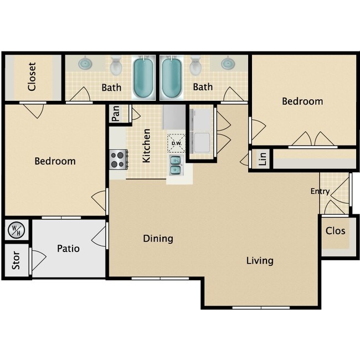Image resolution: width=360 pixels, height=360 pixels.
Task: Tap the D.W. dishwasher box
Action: (x=176, y=142)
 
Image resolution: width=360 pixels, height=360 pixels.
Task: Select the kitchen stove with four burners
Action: (x=118, y=160)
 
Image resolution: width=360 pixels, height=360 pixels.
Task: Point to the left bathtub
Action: (x=145, y=77)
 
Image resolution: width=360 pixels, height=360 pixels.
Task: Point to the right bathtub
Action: (x=172, y=77)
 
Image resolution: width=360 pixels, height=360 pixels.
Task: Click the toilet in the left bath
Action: (x=116, y=66)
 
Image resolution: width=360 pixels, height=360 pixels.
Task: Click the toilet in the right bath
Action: (x=196, y=66)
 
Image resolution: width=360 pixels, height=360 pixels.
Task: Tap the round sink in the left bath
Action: (x=85, y=63)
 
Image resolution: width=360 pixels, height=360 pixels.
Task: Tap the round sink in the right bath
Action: (x=228, y=63)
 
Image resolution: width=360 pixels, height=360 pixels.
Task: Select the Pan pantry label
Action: (x=116, y=114)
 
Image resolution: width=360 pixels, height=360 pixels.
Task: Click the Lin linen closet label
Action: (x=263, y=159)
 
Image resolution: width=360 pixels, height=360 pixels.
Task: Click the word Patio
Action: (x=68, y=249)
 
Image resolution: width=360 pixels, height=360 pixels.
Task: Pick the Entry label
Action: (x=320, y=192)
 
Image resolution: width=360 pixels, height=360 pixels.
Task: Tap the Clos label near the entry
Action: (x=335, y=230)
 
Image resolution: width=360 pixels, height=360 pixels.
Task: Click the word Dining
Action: (x=158, y=239)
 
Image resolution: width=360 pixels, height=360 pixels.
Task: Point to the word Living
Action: (x=260, y=260)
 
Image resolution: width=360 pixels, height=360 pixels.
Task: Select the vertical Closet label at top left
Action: (x=32, y=77)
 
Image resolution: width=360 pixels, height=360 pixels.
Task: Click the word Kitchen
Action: (x=147, y=146)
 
